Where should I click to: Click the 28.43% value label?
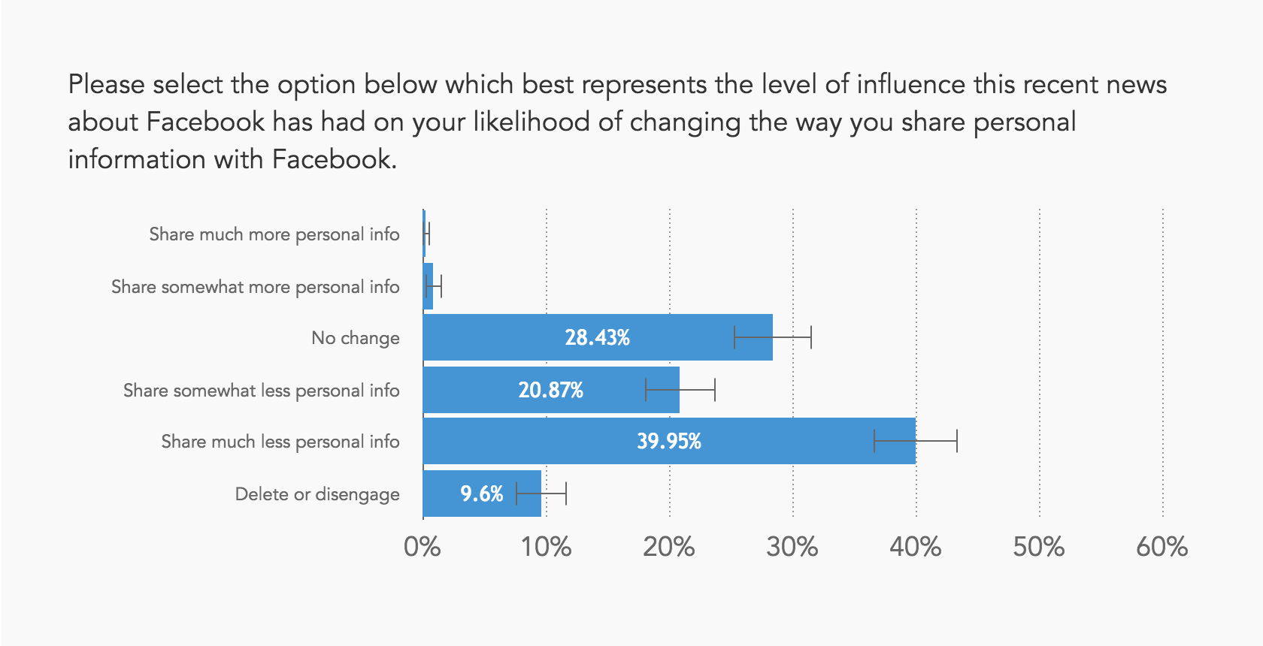(597, 338)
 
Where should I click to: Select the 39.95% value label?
(668, 442)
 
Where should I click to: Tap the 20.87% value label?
(550, 391)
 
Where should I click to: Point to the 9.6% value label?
(481, 494)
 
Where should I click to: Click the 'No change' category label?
(355, 339)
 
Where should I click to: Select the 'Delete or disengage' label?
(317, 494)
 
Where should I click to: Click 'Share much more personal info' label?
(274, 234)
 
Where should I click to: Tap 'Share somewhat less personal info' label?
(261, 391)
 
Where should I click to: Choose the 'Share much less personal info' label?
(280, 442)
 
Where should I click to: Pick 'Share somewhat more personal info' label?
(255, 287)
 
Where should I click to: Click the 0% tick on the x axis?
(422, 547)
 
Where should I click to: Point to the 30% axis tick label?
(792, 547)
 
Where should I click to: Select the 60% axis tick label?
(1162, 547)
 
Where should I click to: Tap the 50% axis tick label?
(1038, 547)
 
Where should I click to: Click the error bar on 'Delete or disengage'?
(541, 494)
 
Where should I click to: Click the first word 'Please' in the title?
(106, 85)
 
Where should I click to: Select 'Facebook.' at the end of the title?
(334, 160)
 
